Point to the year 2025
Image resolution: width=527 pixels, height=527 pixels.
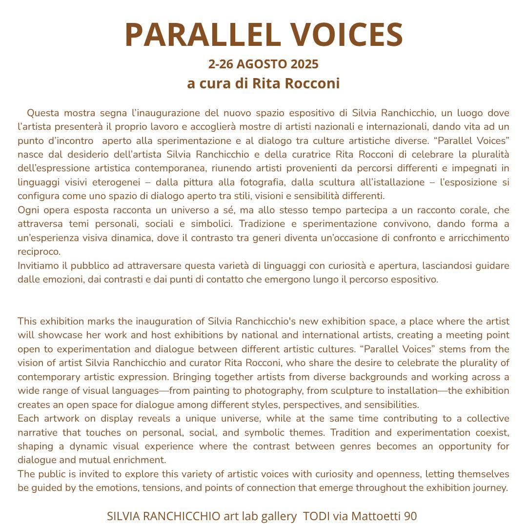point(304,64)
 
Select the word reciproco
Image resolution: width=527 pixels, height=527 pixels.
point(39,252)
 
